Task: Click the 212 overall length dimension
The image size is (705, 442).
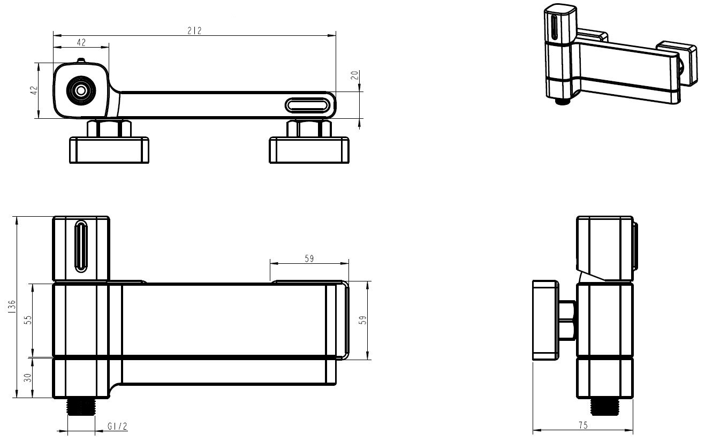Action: [x=195, y=31]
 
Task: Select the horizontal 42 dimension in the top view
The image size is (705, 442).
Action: [x=81, y=42]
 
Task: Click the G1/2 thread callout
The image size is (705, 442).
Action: [x=117, y=426]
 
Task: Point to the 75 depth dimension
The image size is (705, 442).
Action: [x=583, y=425]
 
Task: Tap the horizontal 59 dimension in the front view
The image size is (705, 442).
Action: [x=309, y=258]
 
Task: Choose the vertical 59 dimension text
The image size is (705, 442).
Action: [x=363, y=320]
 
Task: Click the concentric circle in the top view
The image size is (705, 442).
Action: [x=81, y=91]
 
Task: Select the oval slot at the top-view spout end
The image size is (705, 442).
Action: [x=308, y=104]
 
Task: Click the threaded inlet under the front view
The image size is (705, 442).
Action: [x=81, y=406]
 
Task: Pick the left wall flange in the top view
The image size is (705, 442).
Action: [x=109, y=150]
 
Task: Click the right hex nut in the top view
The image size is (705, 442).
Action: [x=309, y=128]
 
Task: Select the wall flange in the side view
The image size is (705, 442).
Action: [x=545, y=320]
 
